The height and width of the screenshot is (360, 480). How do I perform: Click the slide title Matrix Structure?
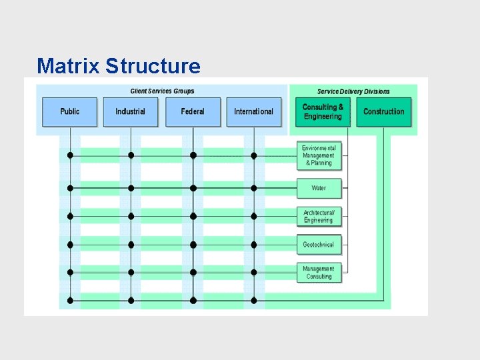(119, 66)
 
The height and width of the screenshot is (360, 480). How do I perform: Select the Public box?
(70, 112)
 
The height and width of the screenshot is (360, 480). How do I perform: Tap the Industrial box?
(131, 112)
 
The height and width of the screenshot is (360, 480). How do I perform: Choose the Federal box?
(193, 112)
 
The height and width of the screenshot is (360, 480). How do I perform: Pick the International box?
(254, 112)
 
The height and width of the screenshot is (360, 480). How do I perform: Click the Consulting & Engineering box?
(323, 112)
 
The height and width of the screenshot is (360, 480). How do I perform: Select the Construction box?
(384, 112)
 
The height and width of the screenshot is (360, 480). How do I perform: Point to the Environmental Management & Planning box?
(319, 155)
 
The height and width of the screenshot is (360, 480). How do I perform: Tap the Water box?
(319, 188)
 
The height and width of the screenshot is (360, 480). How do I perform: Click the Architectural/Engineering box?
(319, 216)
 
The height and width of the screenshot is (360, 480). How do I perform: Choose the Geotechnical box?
(319, 245)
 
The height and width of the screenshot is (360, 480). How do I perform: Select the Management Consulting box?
(319, 273)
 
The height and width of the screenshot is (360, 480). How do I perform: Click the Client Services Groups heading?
(162, 91)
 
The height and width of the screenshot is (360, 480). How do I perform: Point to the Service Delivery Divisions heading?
(353, 91)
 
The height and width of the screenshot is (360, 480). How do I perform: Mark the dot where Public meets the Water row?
(70, 188)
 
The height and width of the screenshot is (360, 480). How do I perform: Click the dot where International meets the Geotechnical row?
(254, 245)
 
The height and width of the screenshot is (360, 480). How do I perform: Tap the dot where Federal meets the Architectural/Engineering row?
(193, 216)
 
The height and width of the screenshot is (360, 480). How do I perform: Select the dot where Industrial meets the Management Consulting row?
(131, 273)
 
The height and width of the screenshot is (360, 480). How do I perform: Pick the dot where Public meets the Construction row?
(70, 301)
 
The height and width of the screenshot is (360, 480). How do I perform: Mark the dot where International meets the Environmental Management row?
(254, 155)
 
